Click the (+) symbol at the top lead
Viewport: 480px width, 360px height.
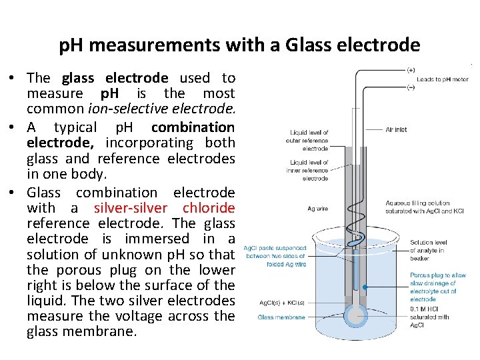click(411, 69)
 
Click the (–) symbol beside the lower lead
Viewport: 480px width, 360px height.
click(411, 87)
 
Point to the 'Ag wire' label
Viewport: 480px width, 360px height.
click(317, 209)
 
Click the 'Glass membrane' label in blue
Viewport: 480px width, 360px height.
click(281, 317)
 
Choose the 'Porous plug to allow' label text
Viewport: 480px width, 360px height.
click(438, 275)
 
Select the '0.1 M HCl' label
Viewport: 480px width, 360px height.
click(427, 309)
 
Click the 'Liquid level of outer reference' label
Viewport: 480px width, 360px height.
click(308, 137)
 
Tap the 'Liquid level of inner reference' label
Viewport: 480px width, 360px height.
click(308, 166)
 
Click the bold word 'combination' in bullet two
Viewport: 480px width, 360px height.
click(193, 127)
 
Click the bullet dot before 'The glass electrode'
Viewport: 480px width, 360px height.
click(13, 79)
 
